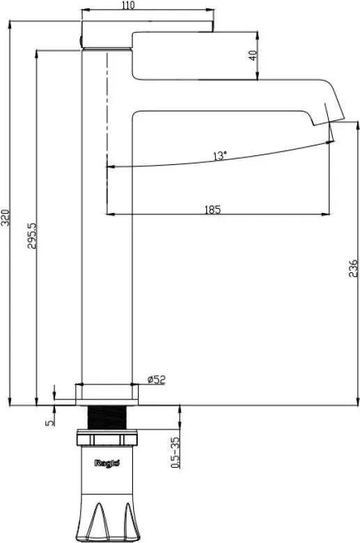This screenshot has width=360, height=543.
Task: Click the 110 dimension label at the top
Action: point(129,5)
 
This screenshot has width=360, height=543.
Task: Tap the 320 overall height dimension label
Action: point(6,217)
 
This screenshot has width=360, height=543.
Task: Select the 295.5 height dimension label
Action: point(32,235)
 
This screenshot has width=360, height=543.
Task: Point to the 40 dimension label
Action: point(253,56)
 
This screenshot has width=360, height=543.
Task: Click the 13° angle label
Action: point(220,155)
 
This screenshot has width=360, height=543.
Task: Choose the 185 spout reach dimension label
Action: point(212,210)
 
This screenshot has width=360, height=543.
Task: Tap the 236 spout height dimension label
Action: point(353,268)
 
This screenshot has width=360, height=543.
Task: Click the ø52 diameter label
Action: point(157,379)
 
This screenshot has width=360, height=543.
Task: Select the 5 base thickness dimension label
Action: point(50,423)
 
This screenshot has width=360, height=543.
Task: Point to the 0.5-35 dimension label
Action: point(175,453)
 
